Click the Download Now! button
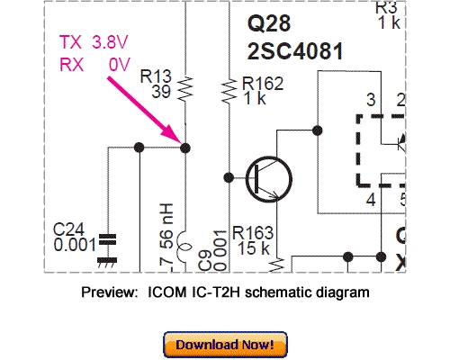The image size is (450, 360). click(224, 345)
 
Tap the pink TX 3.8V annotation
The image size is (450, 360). click(90, 41)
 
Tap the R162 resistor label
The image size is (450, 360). click(263, 84)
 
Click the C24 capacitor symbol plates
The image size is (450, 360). click(108, 240)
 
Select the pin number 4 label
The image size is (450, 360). click(370, 198)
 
